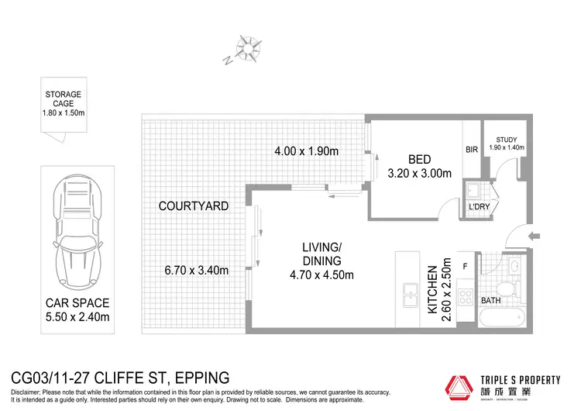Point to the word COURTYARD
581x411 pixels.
(x=193, y=206)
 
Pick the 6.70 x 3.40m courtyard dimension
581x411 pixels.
(x=196, y=271)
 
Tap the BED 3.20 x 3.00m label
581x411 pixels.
(x=419, y=166)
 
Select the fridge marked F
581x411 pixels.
(x=464, y=266)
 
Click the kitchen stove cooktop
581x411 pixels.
(x=466, y=295)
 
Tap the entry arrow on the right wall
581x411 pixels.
(x=532, y=237)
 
